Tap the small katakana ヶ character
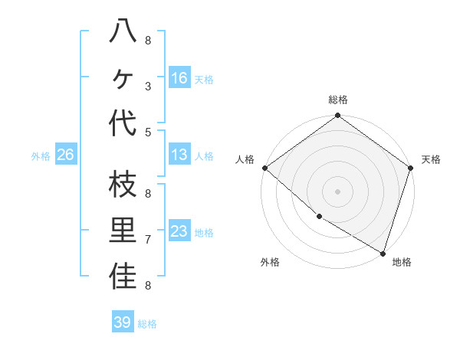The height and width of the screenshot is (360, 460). click(x=123, y=78)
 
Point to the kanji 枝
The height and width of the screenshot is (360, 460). click(x=123, y=185)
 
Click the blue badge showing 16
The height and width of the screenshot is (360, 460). click(x=179, y=78)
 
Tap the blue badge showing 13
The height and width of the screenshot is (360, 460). click(x=179, y=155)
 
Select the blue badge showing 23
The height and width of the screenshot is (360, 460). click(x=179, y=231)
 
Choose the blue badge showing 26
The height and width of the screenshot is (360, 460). click(x=66, y=155)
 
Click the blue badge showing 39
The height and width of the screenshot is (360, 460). click(x=122, y=322)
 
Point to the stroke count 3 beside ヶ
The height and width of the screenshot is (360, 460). click(x=148, y=87)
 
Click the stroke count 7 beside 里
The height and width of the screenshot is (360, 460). click(x=148, y=240)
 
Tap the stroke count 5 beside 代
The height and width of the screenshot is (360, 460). click(x=148, y=133)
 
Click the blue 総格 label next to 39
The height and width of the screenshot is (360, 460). click(x=148, y=324)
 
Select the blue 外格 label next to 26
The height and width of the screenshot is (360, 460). click(x=41, y=156)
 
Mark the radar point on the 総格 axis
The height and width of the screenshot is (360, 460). click(x=337, y=116)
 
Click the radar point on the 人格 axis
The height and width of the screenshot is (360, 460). click(x=264, y=168)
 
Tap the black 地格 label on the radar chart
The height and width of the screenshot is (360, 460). click(x=402, y=262)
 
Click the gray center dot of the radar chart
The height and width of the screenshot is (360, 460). click(x=337, y=191)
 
